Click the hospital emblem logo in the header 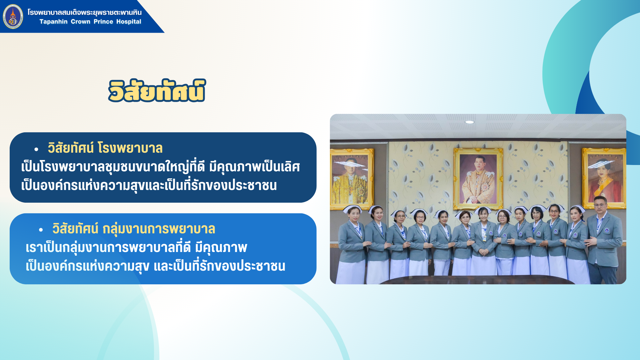(13, 17)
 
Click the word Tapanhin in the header (53, 22)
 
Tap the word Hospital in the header (129, 22)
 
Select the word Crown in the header (80, 22)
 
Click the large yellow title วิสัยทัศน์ (157, 91)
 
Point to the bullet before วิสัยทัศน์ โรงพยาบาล (36, 149)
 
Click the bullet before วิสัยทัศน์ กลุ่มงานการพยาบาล (41, 230)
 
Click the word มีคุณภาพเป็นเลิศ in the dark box (255, 167)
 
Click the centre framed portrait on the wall (478, 179)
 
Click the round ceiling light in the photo (470, 122)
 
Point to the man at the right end (603, 240)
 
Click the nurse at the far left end (352, 245)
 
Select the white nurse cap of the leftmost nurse (352, 208)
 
